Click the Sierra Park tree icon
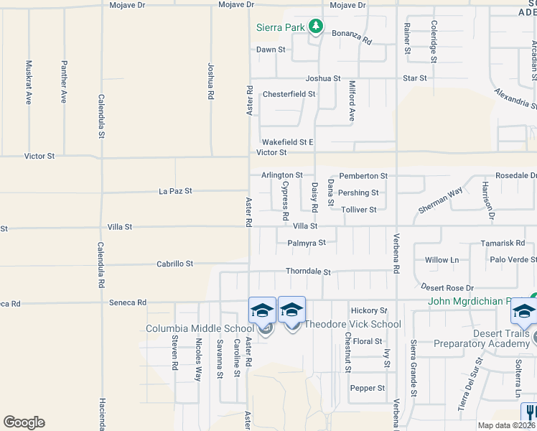point(315,27)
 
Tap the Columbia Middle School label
point(199,328)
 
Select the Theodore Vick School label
point(352,324)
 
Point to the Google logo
point(24,422)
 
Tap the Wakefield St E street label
point(287,142)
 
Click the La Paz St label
point(175,191)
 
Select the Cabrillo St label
point(175,264)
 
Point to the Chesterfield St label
point(289,94)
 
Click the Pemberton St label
point(363,175)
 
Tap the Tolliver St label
point(359,210)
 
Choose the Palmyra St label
point(307,243)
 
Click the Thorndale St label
point(308,272)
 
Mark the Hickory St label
point(369,310)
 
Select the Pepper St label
point(368,388)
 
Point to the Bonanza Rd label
point(351,37)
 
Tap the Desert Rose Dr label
point(447,288)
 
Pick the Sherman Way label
point(441,201)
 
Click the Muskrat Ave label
point(29,82)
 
